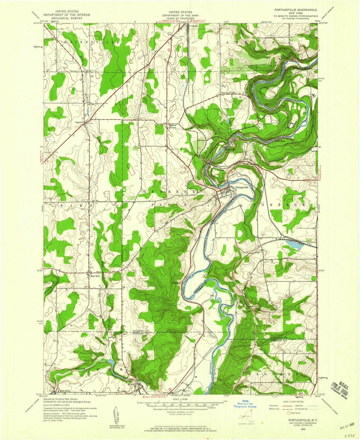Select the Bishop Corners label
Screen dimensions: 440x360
229,93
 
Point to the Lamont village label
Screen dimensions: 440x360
79,122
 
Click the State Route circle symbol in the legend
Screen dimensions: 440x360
289,413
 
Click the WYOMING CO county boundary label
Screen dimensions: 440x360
140,330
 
